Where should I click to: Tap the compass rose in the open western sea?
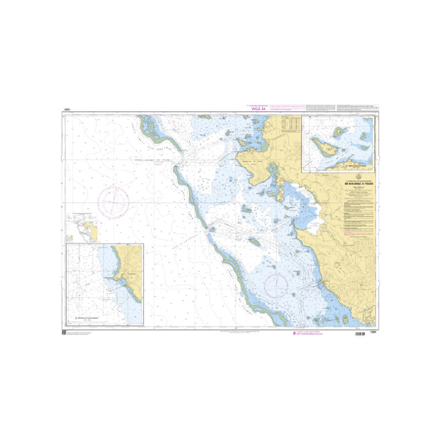pyautogui.click(x=114, y=201)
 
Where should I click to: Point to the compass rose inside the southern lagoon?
pyautogui.click(x=276, y=286)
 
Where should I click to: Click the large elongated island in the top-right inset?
pyautogui.click(x=324, y=147)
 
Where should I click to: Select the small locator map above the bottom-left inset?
pyautogui.click(x=82, y=227)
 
